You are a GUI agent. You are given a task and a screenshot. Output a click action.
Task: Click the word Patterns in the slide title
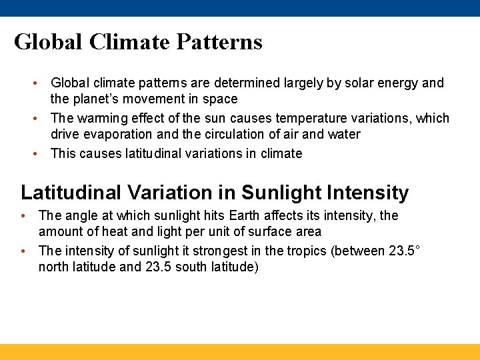(219, 42)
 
